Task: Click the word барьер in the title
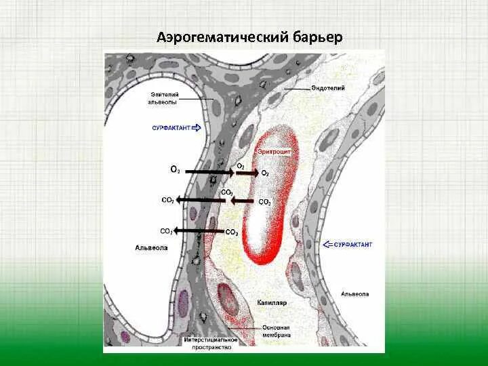tap(319, 36)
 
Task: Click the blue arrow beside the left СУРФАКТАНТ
tap(197, 127)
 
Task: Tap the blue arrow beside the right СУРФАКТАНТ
tap(327, 243)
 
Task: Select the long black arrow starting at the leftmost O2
tap(209, 172)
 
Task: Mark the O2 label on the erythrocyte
tap(266, 174)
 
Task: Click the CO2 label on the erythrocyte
tap(265, 202)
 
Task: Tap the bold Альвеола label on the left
tap(151, 249)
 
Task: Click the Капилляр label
tap(270, 301)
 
